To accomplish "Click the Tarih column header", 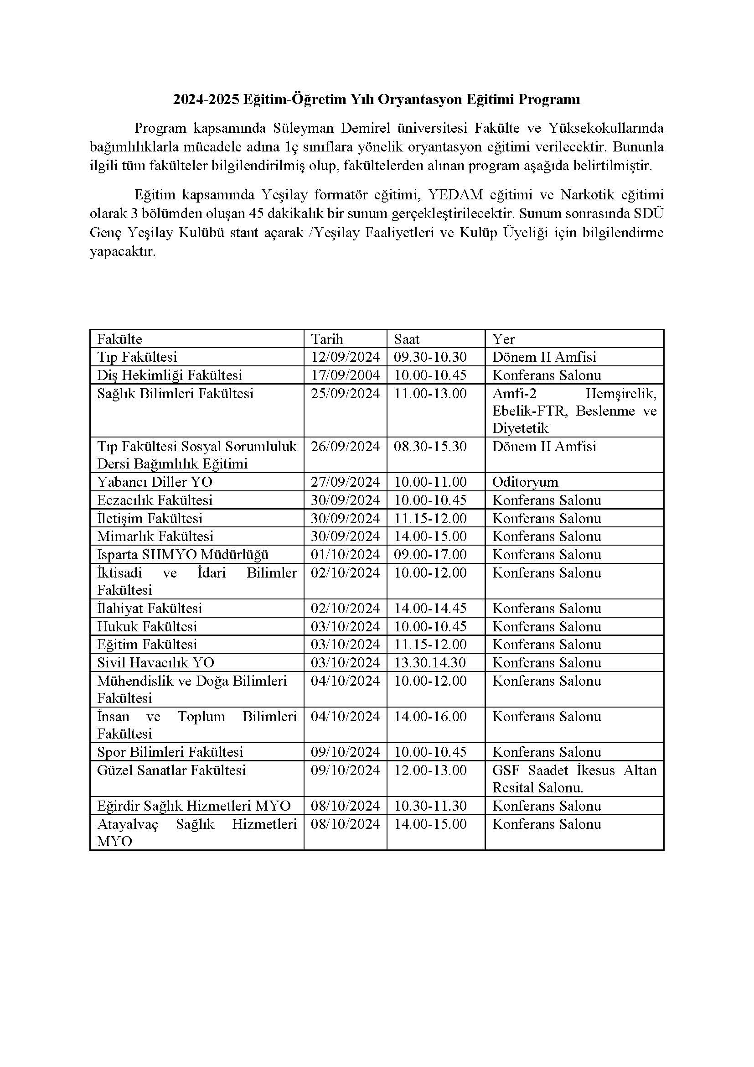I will coord(327,339).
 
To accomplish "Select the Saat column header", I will coord(407,339).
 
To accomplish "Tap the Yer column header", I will coord(504,339).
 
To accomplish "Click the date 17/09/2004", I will coord(346,375).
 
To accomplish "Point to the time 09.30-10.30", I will coord(430,357).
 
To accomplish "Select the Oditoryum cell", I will coord(525,481).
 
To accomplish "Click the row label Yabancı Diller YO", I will coord(155,481).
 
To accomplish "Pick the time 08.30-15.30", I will coord(430,446).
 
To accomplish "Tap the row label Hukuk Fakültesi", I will coord(147,626).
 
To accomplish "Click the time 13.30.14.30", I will coord(430,662).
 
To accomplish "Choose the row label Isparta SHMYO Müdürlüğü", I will coord(183,554).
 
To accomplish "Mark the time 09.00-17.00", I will coord(430,554).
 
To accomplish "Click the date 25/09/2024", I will coord(346,393).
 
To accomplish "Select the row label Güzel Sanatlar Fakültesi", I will coord(171,770).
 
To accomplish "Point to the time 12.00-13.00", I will coord(430,770).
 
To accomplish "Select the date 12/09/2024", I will coord(346,357).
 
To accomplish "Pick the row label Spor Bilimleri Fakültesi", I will coord(170,752).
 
